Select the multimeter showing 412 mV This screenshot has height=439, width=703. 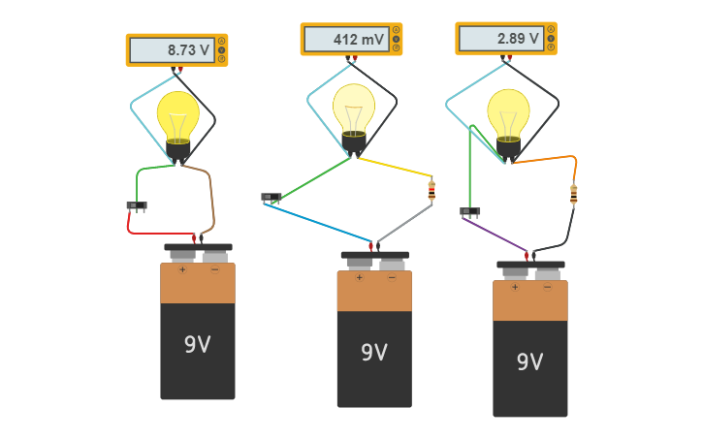350,40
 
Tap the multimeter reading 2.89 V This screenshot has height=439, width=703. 505,39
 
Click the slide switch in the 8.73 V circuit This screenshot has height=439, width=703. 137,205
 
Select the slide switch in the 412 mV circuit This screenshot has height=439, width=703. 271,198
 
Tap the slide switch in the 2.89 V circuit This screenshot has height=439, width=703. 470,211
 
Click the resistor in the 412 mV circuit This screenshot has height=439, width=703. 431,190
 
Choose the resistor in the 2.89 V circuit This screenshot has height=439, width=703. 573,195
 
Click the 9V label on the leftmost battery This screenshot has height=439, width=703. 198,344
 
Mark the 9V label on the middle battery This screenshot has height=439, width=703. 374,352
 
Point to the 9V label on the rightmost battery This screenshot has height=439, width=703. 529,361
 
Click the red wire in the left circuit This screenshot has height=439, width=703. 155,233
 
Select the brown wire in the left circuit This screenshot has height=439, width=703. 210,199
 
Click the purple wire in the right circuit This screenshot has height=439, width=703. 495,234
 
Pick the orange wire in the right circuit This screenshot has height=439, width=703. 548,158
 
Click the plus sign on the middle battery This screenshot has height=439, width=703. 359,278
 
